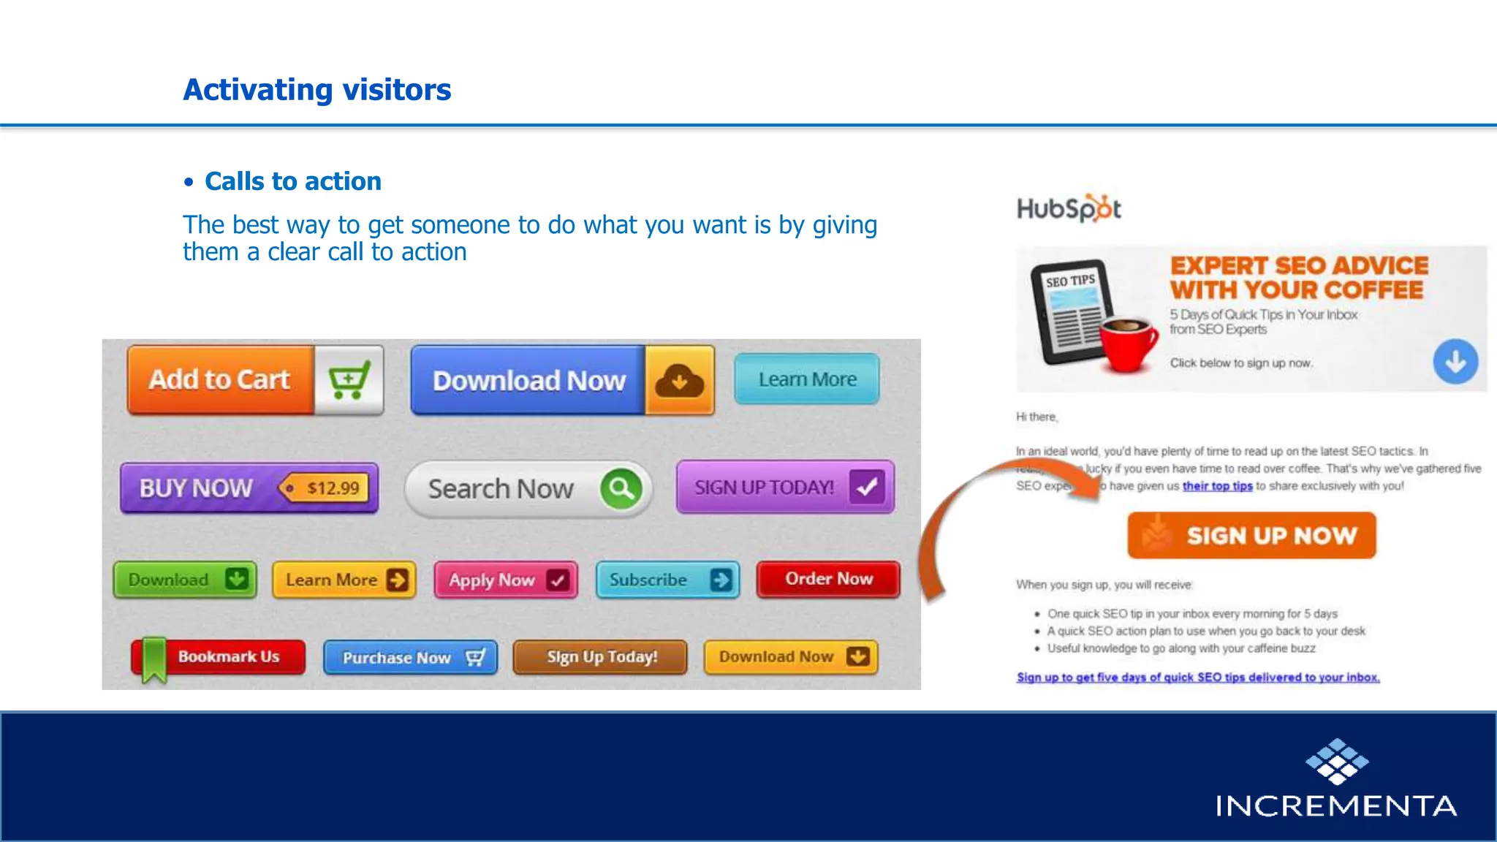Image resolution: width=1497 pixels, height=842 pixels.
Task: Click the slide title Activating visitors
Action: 317,90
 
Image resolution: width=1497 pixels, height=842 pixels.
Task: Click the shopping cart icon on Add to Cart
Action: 349,380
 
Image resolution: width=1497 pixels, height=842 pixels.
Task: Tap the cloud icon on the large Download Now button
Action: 679,381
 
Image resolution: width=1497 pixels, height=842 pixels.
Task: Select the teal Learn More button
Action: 807,379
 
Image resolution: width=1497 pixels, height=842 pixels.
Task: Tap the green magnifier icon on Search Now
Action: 621,488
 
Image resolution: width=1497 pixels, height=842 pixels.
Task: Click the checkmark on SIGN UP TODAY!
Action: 867,487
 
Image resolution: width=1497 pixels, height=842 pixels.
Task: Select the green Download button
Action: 185,580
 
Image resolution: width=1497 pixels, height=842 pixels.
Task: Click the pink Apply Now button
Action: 506,580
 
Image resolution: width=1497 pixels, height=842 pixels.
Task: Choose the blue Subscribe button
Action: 667,580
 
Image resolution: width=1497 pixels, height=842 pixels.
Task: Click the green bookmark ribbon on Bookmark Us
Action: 154,659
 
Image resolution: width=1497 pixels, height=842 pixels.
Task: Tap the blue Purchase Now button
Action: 410,658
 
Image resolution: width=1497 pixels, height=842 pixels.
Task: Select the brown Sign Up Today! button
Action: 600,657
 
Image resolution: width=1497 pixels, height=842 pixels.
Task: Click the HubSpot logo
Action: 1068,209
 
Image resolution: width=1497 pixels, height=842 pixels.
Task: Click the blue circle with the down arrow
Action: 1455,362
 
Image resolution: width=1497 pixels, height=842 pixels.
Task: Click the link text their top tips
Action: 1217,486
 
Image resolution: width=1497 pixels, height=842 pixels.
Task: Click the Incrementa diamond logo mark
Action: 1337,762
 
